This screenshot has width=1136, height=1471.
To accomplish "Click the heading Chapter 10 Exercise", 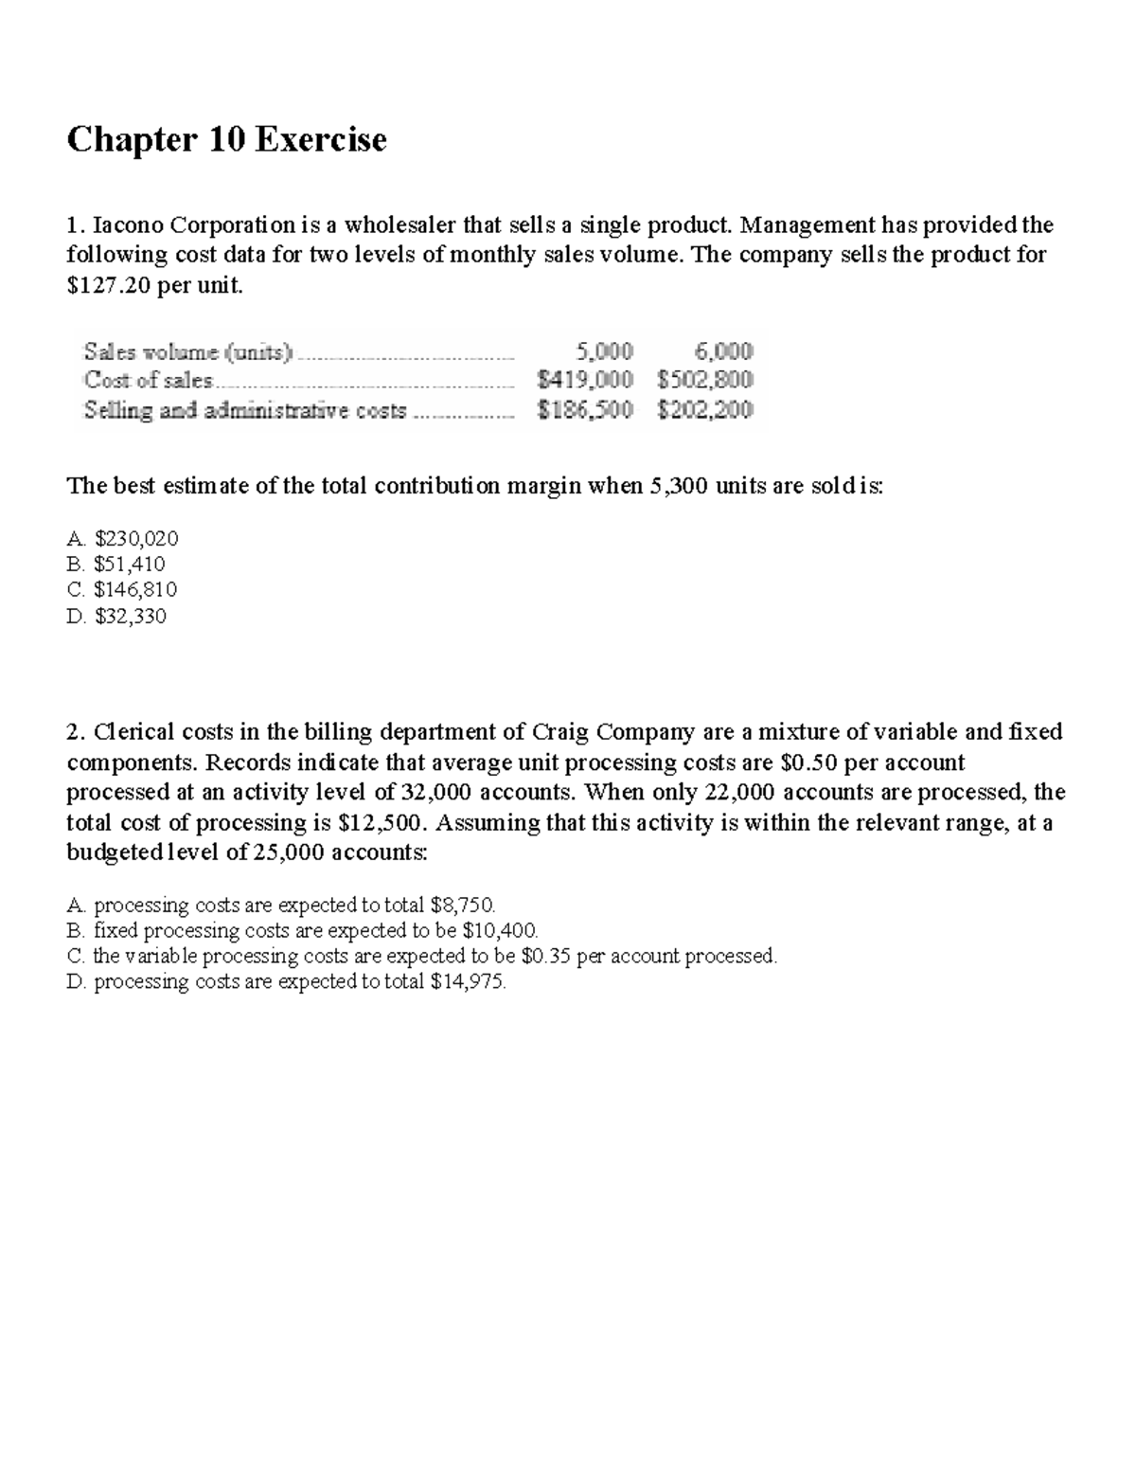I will [x=226, y=140].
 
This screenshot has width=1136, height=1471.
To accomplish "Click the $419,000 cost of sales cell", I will [x=584, y=381].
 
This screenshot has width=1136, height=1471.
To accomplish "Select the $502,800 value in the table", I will [x=705, y=381].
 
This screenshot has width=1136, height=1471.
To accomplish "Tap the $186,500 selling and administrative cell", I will [x=584, y=410].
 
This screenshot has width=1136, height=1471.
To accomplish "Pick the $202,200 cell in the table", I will [x=705, y=410].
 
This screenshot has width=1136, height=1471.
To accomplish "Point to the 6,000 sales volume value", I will [x=724, y=351].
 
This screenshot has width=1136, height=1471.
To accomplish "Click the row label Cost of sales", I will [x=150, y=381].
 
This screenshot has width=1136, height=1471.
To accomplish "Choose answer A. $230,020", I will [x=123, y=539].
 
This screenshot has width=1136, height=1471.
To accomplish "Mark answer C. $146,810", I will [x=123, y=590].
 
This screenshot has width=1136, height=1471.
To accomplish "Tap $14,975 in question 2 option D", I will [x=468, y=982].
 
